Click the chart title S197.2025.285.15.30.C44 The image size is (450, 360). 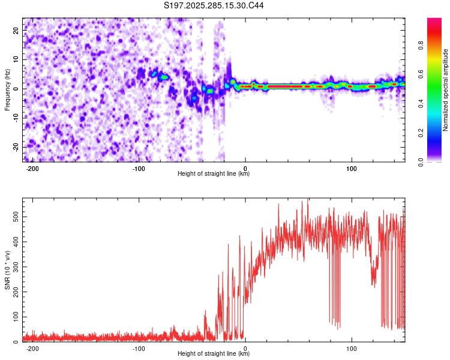pos(214,6)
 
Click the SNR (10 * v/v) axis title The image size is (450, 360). pos(7,270)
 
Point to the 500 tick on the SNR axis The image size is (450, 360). pos(14,215)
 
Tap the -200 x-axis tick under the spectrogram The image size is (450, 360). pos(33,169)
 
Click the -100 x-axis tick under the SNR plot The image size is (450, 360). pos(139,349)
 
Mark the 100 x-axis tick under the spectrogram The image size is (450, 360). pos(352,169)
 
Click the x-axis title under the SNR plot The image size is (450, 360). pos(214,354)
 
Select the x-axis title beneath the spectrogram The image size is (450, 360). pos(214,174)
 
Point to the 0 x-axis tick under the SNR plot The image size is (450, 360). pos(245,349)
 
